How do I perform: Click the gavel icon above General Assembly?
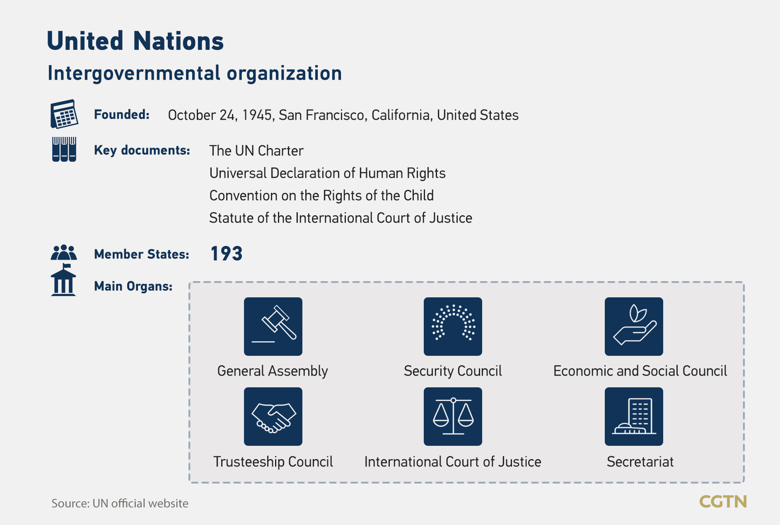[273, 326]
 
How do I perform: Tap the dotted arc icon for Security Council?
[453, 326]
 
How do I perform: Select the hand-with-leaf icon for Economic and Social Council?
[634, 326]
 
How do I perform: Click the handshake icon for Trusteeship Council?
[273, 416]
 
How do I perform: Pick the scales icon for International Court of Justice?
[453, 416]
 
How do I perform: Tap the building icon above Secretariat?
[634, 416]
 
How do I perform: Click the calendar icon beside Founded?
[64, 114]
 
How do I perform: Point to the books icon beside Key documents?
[64, 149]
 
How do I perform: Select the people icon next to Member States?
[64, 253]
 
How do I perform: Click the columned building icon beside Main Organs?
[63, 280]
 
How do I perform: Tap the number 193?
[227, 254]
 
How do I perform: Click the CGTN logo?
[723, 502]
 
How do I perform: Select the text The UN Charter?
[256, 151]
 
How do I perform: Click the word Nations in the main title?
[179, 41]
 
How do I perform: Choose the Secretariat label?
[640, 462]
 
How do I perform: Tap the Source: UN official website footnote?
[120, 503]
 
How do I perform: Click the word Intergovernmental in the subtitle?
[134, 73]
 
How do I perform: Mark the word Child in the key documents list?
[418, 195]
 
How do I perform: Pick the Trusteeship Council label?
[273, 462]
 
